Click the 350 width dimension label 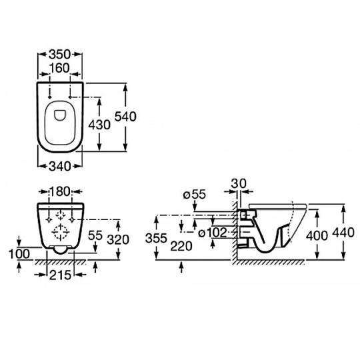tap(59, 55)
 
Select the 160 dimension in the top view tap(59, 68)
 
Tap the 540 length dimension tap(125, 117)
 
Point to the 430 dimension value tap(99, 125)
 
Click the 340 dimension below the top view tap(60, 166)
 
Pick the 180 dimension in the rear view tap(60, 191)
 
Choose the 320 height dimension tap(118, 240)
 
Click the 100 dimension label tap(19, 254)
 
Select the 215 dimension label tap(60, 275)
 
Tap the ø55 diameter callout tap(195, 195)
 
